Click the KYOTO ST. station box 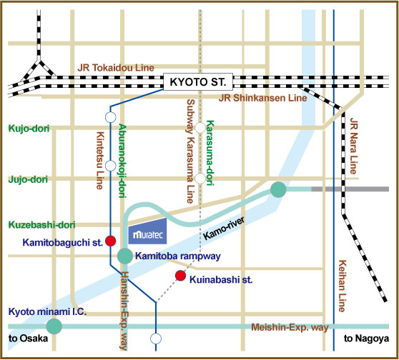pos(195,82)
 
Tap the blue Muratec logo pos(147,234)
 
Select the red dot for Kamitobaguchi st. pos(111,241)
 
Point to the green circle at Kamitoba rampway pos(125,255)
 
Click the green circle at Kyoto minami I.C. pos(54,326)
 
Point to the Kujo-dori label pos(27,129)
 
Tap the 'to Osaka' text pos(25,339)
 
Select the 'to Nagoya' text pos(366,339)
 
